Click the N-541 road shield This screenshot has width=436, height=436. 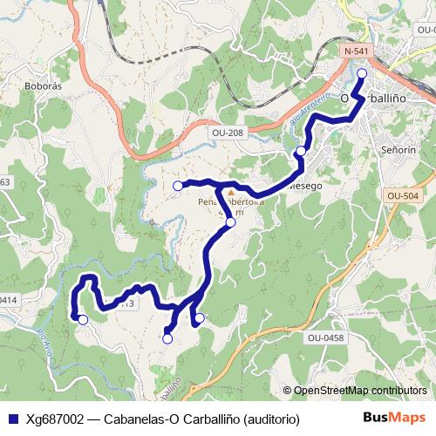[x=356, y=51]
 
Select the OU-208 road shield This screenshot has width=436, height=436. [x=227, y=133]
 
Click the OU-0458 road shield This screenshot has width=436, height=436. [x=324, y=336]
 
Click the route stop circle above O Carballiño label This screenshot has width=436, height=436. [x=361, y=73]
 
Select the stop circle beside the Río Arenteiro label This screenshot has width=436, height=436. [x=301, y=151]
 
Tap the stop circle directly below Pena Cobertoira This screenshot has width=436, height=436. [x=230, y=222]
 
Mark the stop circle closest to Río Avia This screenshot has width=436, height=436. [x=83, y=320]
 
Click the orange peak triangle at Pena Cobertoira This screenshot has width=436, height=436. [x=230, y=191]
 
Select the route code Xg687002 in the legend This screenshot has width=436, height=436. [x=54, y=419]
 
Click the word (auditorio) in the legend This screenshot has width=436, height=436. [x=271, y=419]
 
